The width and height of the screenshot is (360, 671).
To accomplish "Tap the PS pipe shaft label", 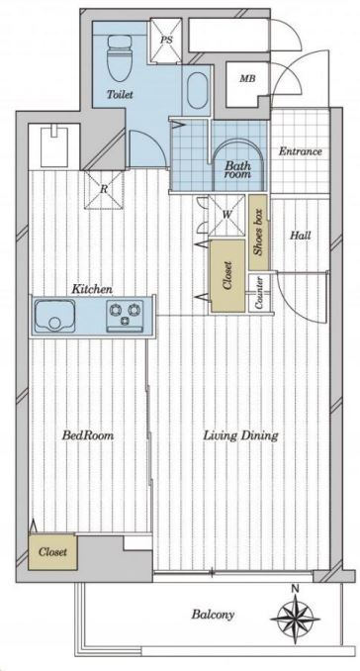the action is click(165, 40).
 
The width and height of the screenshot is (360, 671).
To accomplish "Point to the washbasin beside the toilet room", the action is click(197, 91).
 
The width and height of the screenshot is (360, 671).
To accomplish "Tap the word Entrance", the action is click(300, 151).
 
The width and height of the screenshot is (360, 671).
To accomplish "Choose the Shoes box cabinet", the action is click(258, 233).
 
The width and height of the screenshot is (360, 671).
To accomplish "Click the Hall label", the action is click(300, 235).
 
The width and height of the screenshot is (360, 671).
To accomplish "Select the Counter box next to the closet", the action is click(259, 292).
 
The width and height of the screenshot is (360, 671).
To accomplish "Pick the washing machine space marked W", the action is click(226, 215).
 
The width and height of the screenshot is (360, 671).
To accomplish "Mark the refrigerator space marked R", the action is click(104, 190).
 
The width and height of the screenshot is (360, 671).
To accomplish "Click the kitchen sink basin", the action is click(54, 315).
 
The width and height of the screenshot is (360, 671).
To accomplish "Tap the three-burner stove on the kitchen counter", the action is click(126, 315).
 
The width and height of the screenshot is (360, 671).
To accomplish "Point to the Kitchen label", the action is click(92, 290).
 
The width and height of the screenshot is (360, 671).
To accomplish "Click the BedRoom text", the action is click(88, 436).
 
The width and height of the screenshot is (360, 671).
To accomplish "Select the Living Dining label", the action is click(240, 436).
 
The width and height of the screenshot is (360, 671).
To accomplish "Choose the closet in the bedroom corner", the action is click(53, 551).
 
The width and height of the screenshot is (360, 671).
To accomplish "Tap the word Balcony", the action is click(213, 615).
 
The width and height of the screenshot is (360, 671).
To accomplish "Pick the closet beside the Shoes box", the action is click(227, 275).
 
